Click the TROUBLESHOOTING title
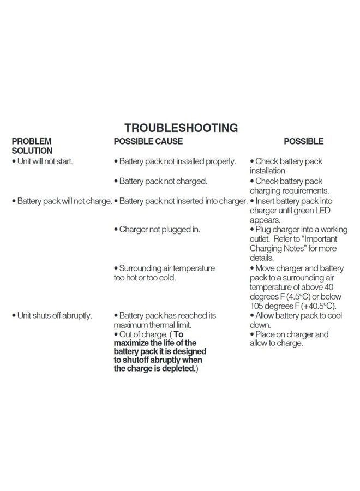(x=181, y=128)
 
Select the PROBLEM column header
(x=32, y=141)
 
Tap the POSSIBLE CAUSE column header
(x=148, y=141)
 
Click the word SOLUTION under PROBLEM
(x=32, y=151)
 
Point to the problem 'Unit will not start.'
(x=43, y=161)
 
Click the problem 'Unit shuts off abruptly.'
(x=52, y=315)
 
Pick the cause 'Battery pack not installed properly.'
(x=175, y=161)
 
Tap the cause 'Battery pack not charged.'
(x=160, y=181)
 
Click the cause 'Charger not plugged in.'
(x=157, y=229)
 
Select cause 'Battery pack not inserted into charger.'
(x=181, y=201)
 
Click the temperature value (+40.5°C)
(x=316, y=306)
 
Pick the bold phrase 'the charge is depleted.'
(x=155, y=368)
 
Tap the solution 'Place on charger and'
(x=289, y=334)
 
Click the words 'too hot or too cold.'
(x=145, y=278)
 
